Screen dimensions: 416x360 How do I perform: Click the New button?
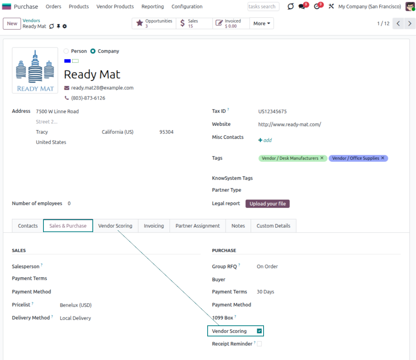point(12,24)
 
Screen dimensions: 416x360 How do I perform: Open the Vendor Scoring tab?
point(115,226)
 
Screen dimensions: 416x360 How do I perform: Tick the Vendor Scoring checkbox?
point(259,331)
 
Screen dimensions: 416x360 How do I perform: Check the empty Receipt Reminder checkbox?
point(259,344)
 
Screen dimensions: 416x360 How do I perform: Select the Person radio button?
point(66,51)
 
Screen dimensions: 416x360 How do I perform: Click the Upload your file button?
point(267,204)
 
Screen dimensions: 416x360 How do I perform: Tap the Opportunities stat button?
point(154,23)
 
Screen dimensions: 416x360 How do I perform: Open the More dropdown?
point(262,23)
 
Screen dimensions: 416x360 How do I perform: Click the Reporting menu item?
point(152,6)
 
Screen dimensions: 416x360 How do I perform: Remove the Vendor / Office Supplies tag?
point(382,158)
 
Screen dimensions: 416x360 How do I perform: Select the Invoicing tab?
point(154,226)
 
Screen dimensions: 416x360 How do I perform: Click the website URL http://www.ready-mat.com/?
point(289,124)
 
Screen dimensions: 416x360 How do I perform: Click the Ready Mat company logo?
point(35,70)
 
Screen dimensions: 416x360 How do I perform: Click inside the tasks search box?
point(263,6)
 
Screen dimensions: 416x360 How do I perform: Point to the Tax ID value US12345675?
point(272,112)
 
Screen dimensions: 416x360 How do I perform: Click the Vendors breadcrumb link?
point(31,20)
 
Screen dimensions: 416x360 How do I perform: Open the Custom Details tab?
point(273,226)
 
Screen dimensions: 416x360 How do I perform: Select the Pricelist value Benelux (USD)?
point(75,305)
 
